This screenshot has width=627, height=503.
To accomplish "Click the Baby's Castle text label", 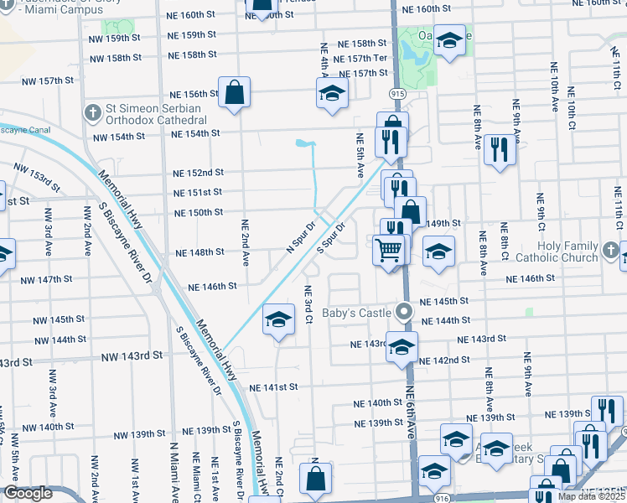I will pyautogui.click(x=363, y=313).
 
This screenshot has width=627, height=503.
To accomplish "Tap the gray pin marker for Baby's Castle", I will pyautogui.click(x=405, y=312).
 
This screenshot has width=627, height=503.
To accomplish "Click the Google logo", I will pyautogui.click(x=28, y=494).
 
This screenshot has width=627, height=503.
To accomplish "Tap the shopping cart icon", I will pyautogui.click(x=389, y=249).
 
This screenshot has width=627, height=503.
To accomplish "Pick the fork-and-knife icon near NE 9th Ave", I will pyautogui.click(x=500, y=150).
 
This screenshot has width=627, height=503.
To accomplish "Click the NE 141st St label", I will pyautogui.click(x=274, y=387).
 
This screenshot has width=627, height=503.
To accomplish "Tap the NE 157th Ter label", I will pyautogui.click(x=360, y=59).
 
